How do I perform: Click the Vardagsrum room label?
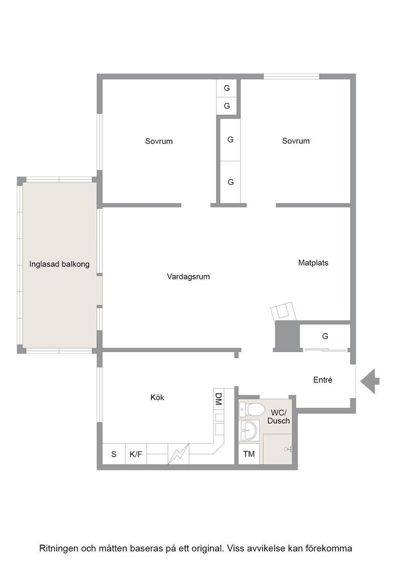pyautogui.click(x=188, y=276)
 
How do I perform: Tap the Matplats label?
pyautogui.click(x=313, y=263)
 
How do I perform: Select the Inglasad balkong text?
pyautogui.click(x=60, y=265)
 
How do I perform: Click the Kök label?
pyautogui.click(x=157, y=397)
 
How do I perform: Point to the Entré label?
pyautogui.click(x=322, y=380)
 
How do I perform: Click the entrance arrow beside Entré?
pyautogui.click(x=369, y=381)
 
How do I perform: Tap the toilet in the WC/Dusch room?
pyautogui.click(x=250, y=409)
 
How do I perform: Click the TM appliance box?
pyautogui.click(x=249, y=454)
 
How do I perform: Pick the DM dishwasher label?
pyautogui.click(x=219, y=399)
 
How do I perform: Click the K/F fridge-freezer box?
pyautogui.click(x=136, y=454)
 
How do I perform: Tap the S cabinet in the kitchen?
pyautogui.click(x=114, y=454)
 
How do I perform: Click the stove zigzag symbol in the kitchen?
pyautogui.click(x=178, y=454)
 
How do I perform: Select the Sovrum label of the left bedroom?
pyautogui.click(x=159, y=141)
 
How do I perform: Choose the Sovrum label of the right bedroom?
pyautogui.click(x=296, y=141)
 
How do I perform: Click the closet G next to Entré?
pyautogui.click(x=325, y=336)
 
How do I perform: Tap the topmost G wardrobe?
pyautogui.click(x=227, y=88)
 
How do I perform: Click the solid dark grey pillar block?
pyautogui.click(x=287, y=336)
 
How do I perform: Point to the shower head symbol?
pyautogui.click(x=288, y=449)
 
